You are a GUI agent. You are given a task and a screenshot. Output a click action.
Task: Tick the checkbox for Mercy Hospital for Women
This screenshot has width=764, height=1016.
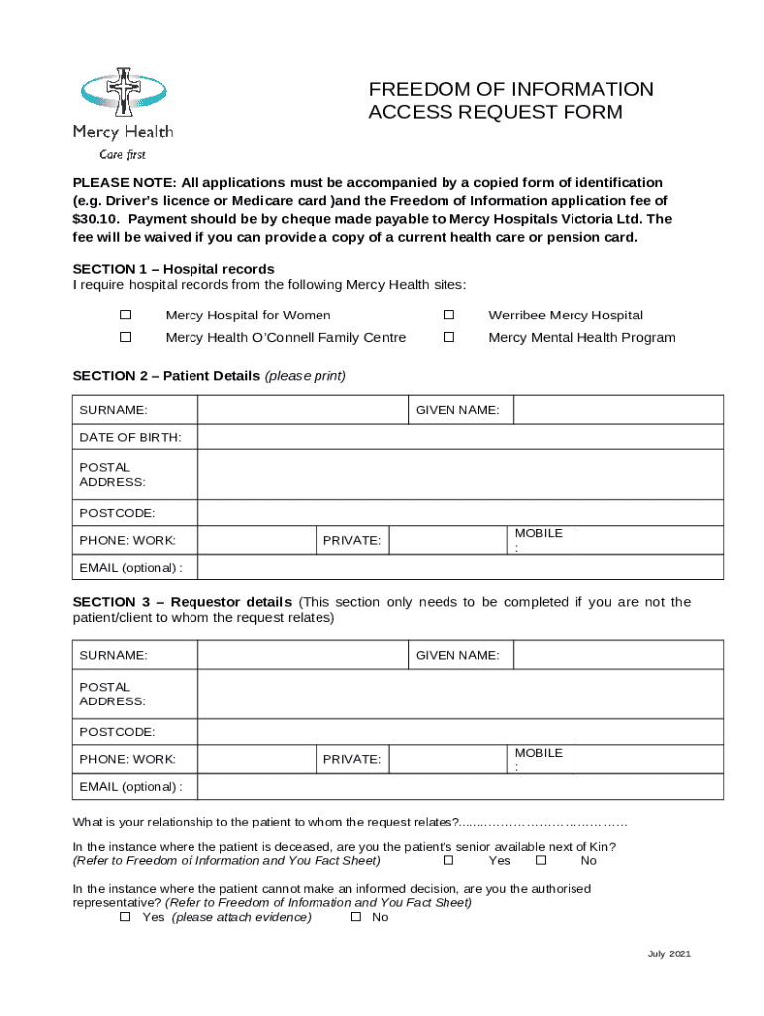click(x=126, y=315)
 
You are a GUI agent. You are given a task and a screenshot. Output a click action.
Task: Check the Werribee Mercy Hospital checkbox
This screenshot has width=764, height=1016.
click(x=448, y=315)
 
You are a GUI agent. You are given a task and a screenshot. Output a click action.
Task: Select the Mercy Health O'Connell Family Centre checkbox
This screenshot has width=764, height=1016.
click(x=126, y=337)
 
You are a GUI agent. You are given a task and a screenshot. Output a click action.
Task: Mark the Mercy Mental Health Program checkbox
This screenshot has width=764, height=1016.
click(x=448, y=337)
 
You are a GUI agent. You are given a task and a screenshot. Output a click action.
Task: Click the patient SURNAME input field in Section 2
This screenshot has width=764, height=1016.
click(x=303, y=410)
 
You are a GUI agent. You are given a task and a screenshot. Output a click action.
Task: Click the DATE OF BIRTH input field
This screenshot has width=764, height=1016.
click(x=460, y=438)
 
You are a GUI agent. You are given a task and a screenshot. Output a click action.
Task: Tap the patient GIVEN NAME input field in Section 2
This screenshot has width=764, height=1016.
click(x=617, y=410)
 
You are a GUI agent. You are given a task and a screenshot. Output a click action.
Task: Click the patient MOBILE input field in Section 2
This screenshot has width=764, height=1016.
click(x=648, y=540)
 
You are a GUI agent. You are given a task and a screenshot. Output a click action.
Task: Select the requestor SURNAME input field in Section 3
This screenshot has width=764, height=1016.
click(x=303, y=655)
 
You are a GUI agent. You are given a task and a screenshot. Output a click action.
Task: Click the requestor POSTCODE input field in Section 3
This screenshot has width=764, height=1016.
click(x=460, y=732)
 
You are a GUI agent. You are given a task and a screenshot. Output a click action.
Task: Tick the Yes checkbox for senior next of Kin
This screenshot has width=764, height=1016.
click(x=447, y=860)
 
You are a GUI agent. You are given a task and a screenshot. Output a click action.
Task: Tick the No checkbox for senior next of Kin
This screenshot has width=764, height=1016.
click(x=540, y=860)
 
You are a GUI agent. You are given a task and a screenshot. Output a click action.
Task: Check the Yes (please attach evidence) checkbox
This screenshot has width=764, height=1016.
click(x=125, y=917)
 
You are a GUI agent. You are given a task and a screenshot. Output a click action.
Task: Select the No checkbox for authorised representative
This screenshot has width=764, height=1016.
click(x=355, y=917)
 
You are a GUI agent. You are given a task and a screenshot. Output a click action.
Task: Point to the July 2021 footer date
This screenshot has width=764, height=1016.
click(x=668, y=954)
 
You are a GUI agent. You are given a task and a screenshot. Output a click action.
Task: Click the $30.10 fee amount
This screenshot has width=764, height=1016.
click(x=94, y=219)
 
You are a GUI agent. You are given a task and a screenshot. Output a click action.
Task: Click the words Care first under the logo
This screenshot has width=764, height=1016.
click(x=122, y=154)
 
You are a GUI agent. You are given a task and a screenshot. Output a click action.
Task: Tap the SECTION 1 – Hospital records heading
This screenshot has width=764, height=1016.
click(x=174, y=269)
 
